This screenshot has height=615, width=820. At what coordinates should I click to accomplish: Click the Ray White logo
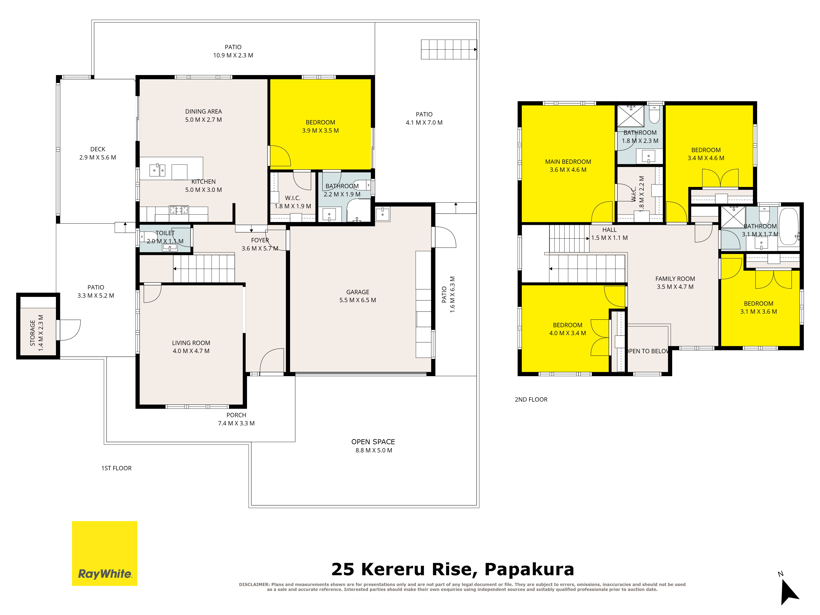click(x=105, y=553)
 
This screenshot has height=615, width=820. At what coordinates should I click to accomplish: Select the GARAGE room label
click(x=358, y=292)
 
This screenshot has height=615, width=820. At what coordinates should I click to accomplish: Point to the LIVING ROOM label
click(x=191, y=343)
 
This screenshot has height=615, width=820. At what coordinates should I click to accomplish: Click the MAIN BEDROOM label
click(x=568, y=162)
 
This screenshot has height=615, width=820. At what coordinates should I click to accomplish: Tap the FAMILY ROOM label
click(x=675, y=279)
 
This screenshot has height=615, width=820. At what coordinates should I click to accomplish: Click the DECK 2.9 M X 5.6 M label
click(x=98, y=153)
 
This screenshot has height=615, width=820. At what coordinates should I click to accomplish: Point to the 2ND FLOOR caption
click(x=531, y=400)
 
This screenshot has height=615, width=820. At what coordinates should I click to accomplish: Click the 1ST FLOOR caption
click(x=116, y=468)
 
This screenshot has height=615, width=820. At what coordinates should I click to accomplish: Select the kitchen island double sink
click(x=157, y=170)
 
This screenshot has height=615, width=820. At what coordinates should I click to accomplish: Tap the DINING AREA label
click(x=204, y=112)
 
